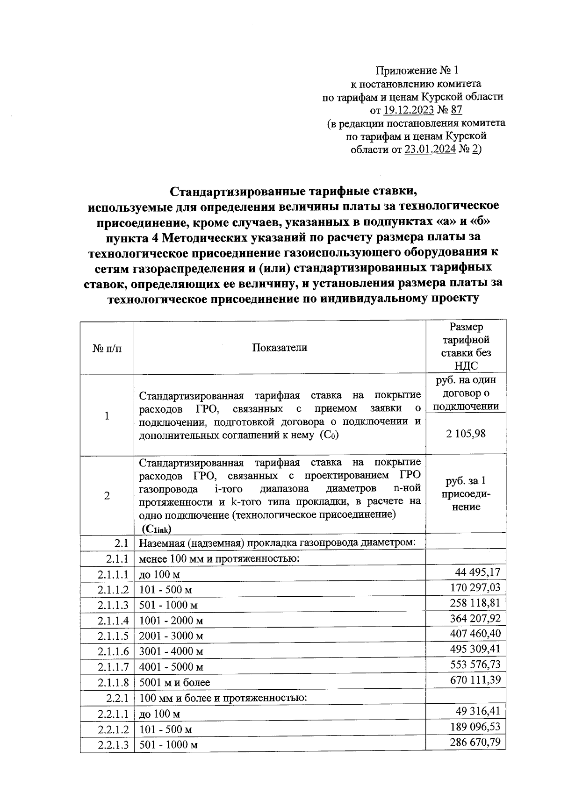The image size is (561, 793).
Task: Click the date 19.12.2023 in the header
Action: pos(408,110)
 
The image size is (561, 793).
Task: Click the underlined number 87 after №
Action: pos(456,110)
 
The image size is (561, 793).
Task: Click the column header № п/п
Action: pos(107,348)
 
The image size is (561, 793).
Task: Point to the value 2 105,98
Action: pos(466,434)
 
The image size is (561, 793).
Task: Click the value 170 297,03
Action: pos(475,587)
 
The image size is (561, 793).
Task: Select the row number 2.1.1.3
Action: pos(113,605)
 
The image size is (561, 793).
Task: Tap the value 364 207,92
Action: pos(475,619)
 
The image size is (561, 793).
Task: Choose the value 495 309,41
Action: pos(475,650)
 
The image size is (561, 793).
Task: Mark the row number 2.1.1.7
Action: pos(113,667)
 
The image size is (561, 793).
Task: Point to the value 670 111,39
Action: pos(475,680)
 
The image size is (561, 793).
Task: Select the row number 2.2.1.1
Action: pos(113,714)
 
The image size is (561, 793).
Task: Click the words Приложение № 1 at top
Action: pos(417,71)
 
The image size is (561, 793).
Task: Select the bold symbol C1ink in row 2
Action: pos(158,529)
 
